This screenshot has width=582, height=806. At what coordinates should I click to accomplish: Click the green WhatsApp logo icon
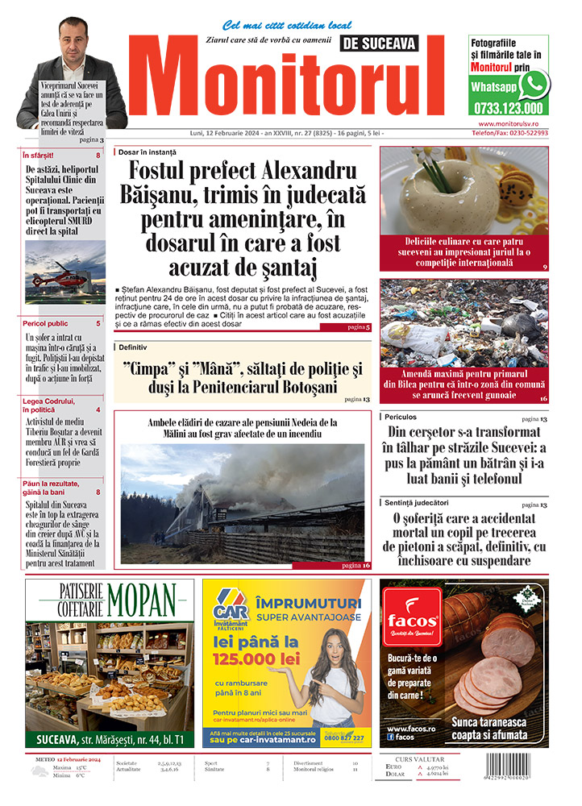[533, 84]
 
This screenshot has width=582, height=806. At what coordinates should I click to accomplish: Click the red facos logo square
[411, 618]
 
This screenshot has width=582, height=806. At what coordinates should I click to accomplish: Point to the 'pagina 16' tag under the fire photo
[355, 566]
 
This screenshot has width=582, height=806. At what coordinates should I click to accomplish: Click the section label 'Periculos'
[401, 418]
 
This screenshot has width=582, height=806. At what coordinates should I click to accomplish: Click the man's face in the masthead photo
[75, 42]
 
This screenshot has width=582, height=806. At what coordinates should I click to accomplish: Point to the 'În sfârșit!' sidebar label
[39, 155]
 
